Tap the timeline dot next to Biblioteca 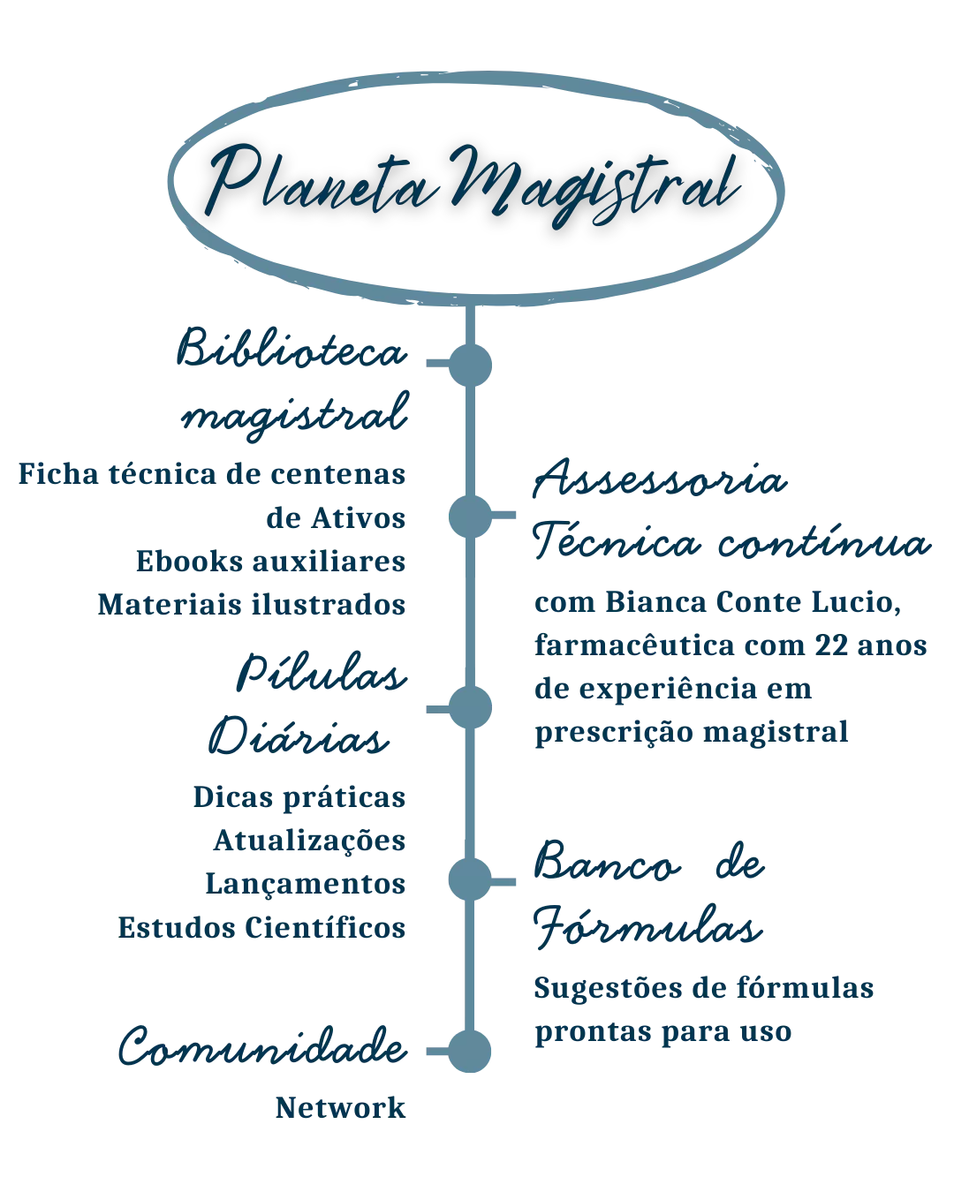469,361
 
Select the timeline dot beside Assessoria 469,516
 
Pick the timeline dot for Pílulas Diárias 469,706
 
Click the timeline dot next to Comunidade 469,1051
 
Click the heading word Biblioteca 293,350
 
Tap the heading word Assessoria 658,483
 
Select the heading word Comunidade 262,1049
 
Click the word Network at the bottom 342,1108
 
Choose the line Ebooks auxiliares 271,561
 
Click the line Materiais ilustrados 253,605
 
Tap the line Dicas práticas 299,798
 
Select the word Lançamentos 307,883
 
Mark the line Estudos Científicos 262,927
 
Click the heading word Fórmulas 646,930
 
